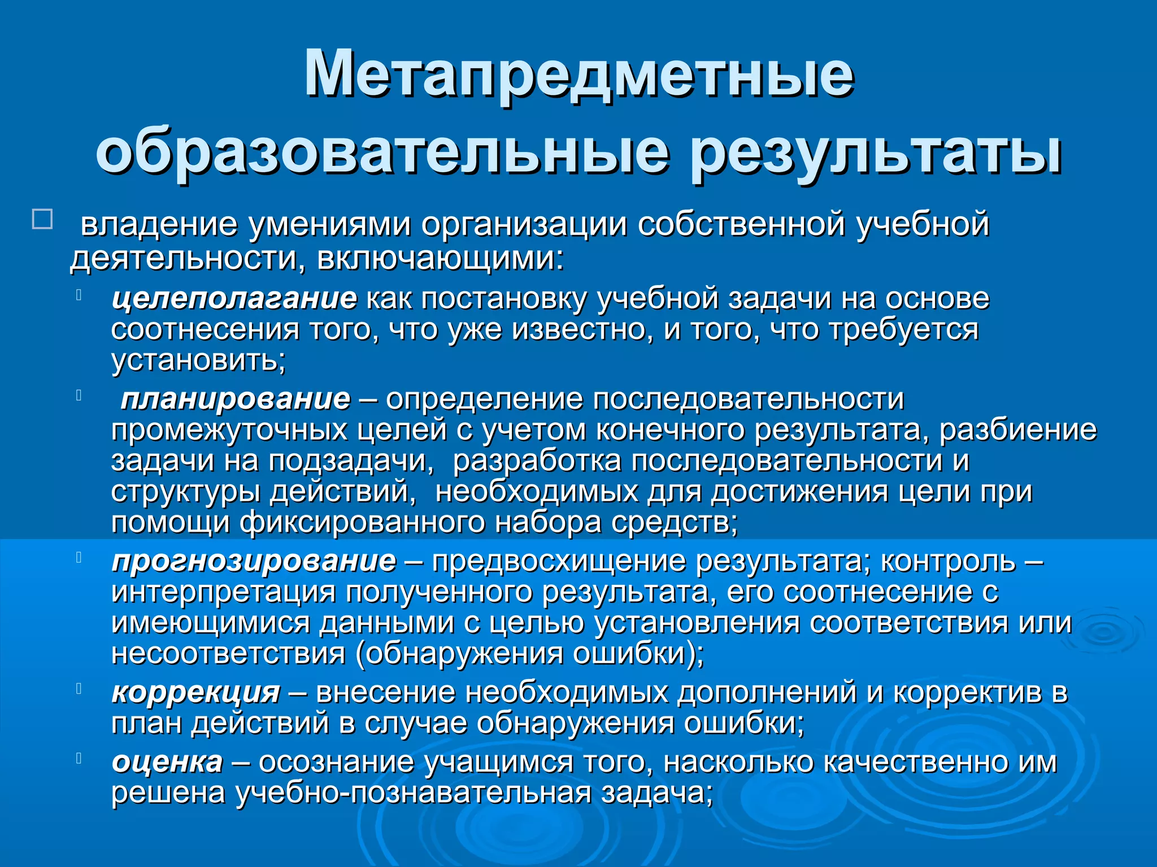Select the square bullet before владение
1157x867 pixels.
[43, 219]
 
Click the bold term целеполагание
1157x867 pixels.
[234, 299]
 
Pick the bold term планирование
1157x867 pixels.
[236, 399]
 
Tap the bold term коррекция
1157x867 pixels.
[196, 693]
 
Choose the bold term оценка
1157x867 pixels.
[167, 763]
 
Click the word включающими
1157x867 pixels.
[440, 259]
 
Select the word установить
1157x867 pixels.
[198, 360]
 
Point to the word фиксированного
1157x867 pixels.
[362, 523]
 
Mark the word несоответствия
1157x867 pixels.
[228, 654]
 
